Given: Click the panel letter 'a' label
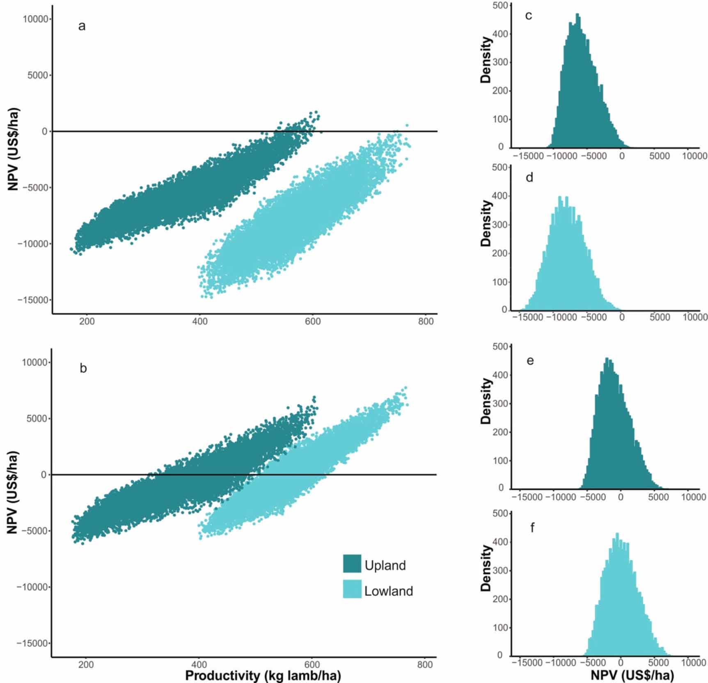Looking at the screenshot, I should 82,27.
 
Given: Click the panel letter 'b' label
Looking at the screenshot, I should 83,368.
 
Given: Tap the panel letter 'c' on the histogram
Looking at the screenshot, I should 529,16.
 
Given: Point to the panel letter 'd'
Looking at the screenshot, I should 529,178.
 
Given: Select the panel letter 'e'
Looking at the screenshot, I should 530,361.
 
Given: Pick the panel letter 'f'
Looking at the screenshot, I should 532,527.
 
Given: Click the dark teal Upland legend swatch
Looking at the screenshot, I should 352,564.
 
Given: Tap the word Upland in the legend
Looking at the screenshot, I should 385,565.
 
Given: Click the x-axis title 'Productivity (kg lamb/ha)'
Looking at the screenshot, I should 263,675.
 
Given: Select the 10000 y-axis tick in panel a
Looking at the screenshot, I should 35,19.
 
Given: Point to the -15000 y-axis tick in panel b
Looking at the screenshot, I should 32,643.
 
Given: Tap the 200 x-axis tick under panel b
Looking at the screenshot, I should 85,665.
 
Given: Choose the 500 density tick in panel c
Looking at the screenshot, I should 500,5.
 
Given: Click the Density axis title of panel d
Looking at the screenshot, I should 486,224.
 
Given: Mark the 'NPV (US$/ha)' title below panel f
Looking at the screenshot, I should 632,675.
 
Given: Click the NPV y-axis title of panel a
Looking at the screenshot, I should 13,150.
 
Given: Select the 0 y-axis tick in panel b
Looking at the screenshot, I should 44,475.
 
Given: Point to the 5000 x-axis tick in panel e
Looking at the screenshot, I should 659,497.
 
